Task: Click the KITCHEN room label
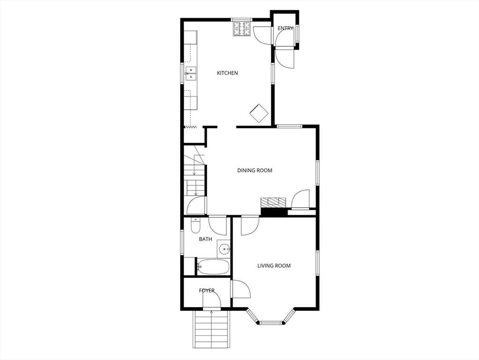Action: [x=227, y=73]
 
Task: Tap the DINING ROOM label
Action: [x=254, y=171]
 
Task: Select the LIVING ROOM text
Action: [x=274, y=266]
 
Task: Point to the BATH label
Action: [x=205, y=239]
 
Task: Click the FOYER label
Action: [x=207, y=291]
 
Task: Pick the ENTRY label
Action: [x=285, y=29]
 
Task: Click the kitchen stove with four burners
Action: [x=242, y=29]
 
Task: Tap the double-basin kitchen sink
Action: [x=190, y=74]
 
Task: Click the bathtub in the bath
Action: [x=213, y=267]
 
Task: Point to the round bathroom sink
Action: [x=225, y=248]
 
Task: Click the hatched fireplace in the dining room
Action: [x=273, y=202]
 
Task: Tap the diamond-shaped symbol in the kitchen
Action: [x=259, y=113]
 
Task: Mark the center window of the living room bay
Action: [x=271, y=322]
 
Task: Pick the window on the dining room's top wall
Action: [x=289, y=126]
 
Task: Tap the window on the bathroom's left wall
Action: [x=182, y=242]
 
